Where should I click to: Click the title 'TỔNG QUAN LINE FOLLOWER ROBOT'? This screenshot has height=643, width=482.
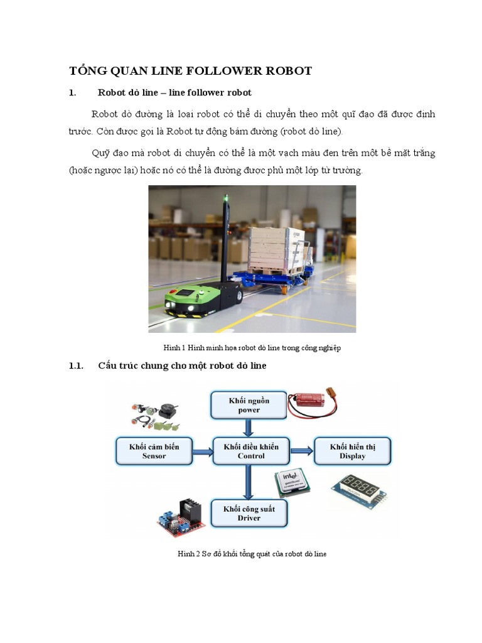[190, 71]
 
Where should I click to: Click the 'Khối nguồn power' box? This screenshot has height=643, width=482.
[249, 405]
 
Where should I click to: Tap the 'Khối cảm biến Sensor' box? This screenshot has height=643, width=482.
[154, 451]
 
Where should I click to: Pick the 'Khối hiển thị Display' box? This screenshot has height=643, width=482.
[352, 451]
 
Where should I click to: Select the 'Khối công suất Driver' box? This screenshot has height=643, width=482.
[249, 513]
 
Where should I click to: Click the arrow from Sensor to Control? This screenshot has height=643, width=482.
[202, 451]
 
